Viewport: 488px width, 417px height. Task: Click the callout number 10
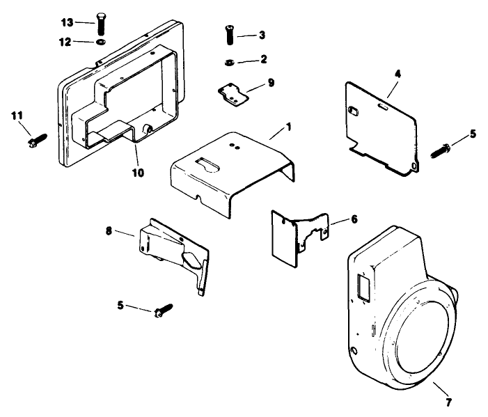(139, 172)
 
